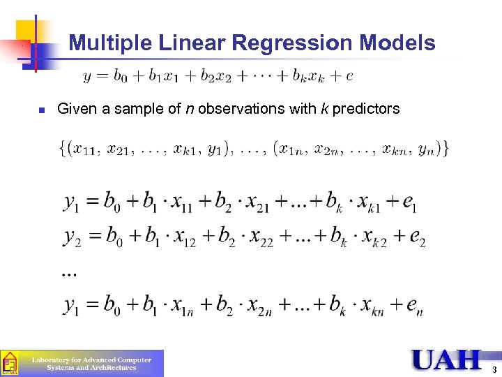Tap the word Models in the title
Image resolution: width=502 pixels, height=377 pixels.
pyautogui.click(x=397, y=43)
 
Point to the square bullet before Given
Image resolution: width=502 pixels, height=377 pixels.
pyautogui.click(x=41, y=110)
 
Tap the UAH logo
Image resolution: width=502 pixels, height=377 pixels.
pyautogui.click(x=446, y=360)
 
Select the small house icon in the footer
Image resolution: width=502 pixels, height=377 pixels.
pyautogui.click(x=10, y=364)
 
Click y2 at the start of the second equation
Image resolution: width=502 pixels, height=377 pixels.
pyautogui.click(x=75, y=239)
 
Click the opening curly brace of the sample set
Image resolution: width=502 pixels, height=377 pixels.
pyautogui.click(x=63, y=149)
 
